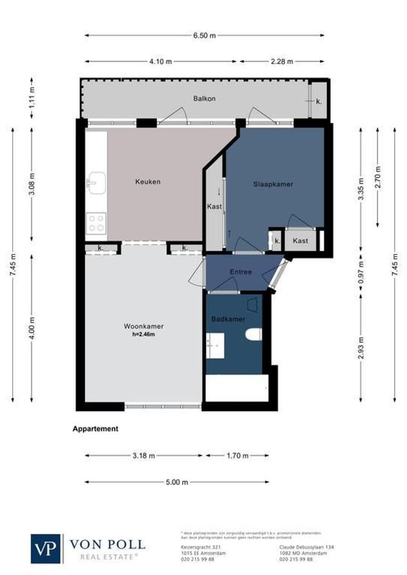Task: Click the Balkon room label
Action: point(205,98)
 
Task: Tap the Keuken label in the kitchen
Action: point(148,182)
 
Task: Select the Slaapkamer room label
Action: point(273,184)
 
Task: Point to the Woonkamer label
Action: point(143,326)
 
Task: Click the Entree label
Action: point(241,272)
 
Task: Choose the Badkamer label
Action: point(228,319)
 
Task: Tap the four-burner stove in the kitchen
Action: point(96,223)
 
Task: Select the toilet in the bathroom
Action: point(254,335)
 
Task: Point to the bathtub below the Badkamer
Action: point(237,388)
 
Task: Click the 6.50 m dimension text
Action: point(205,36)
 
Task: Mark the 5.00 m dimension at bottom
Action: point(177,482)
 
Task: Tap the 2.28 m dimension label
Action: point(282,61)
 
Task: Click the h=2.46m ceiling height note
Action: point(143,334)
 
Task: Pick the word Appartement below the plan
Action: point(95,429)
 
